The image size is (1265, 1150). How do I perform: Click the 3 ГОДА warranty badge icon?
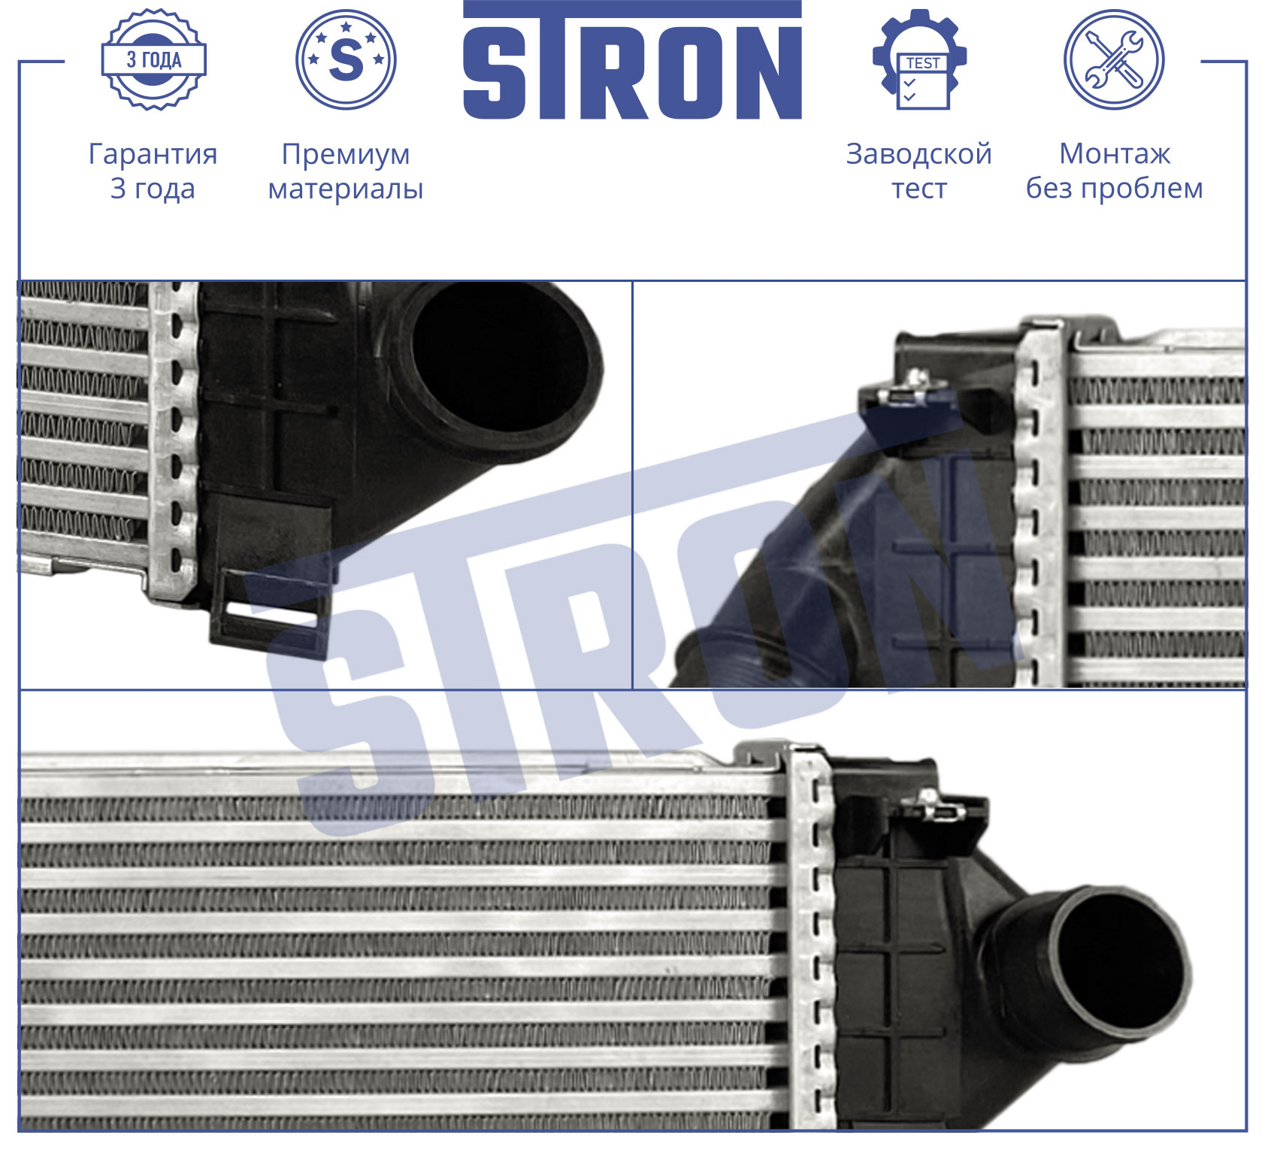tap(153, 59)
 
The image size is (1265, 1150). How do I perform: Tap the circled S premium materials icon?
tap(346, 59)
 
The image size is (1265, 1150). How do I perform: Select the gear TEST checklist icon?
tap(920, 59)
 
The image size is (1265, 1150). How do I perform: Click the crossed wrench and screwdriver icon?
tap(1114, 59)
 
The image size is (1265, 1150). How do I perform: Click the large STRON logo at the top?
tap(632, 60)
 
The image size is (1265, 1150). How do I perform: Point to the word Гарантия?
tap(153, 154)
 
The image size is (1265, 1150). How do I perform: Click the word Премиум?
tap(346, 154)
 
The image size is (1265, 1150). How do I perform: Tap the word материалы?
tap(346, 189)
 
